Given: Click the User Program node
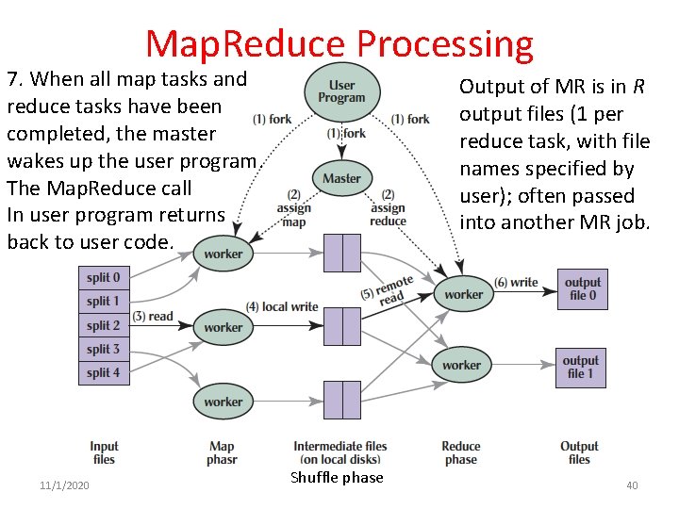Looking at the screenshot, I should coord(341,90).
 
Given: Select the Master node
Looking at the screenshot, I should coord(341,178).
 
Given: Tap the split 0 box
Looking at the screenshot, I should coord(104,278).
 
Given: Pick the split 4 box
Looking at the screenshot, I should coord(104,372).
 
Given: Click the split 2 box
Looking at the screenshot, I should coord(104,325).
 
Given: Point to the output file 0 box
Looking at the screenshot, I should coord(582,288).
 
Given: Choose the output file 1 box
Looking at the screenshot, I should coord(580,367).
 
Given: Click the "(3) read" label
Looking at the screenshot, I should coord(153,317).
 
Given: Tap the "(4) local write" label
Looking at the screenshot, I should coord(282,307).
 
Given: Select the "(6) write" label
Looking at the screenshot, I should coord(517,282).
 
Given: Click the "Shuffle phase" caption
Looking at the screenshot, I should coord(337,478).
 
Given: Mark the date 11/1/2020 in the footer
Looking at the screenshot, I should coord(64,484).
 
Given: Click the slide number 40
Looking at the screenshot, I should coord(632,484).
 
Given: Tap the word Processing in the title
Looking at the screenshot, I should coord(445,43).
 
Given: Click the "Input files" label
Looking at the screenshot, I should coord(104,452).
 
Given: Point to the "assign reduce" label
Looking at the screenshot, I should coord(388,208).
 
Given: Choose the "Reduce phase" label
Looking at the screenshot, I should coord(460,452).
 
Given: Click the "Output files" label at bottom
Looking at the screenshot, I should coord(579,452).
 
